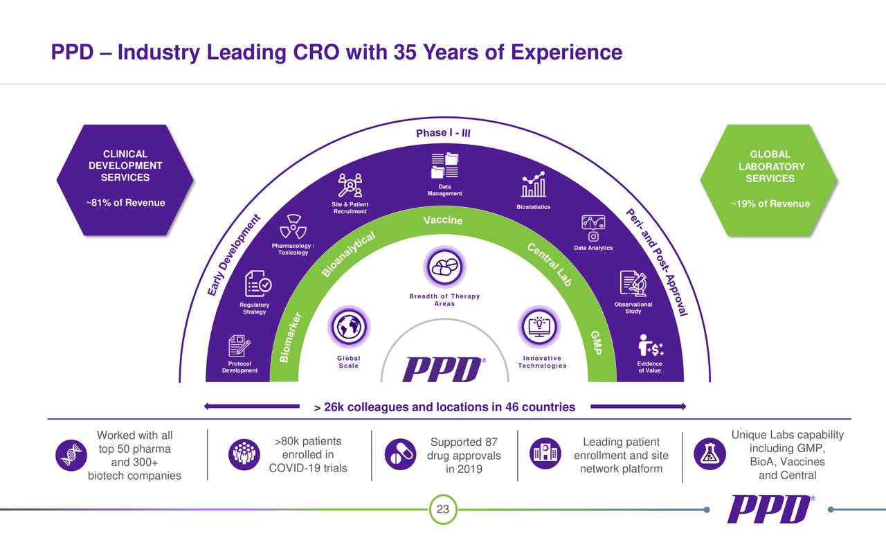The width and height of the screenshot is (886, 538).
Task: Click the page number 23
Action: [443, 510]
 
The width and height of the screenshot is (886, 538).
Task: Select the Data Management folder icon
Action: [444, 165]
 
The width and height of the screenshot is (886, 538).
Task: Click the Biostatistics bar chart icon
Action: [533, 185]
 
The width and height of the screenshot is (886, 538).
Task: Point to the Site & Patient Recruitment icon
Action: [350, 185]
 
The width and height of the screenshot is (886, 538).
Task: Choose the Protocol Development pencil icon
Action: [239, 346]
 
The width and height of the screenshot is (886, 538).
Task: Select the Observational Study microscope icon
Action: [633, 284]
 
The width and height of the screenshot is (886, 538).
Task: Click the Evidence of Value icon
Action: [650, 346]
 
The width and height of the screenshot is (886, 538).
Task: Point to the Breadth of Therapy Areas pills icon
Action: [444, 267]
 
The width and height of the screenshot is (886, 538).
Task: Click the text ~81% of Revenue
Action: [125, 203]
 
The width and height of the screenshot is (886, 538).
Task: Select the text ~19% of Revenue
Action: [770, 204]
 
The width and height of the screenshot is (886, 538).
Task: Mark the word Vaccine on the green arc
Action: [442, 220]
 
